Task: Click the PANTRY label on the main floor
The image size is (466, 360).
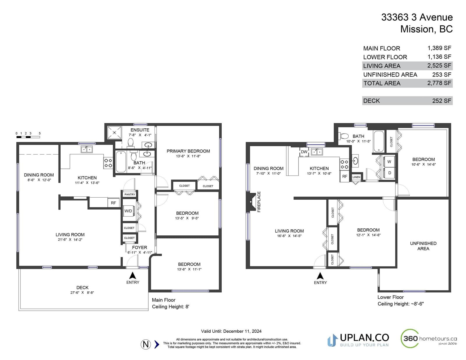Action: point(130,194)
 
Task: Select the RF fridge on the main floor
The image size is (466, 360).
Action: point(114,203)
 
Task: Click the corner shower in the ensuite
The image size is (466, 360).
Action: point(114,133)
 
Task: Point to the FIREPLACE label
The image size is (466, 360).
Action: point(259,202)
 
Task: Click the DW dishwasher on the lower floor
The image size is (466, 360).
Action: point(304,152)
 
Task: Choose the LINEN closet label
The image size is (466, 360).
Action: point(356,177)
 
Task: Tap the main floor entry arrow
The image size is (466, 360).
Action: point(133,276)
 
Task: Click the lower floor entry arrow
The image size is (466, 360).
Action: point(320,276)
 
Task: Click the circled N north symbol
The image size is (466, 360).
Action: point(146,344)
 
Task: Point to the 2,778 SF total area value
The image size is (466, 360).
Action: point(439,83)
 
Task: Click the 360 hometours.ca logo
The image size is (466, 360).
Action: point(429,338)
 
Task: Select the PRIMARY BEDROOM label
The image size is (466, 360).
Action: point(188,151)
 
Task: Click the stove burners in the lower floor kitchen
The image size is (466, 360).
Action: point(345,164)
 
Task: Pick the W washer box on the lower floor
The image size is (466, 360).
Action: point(389,162)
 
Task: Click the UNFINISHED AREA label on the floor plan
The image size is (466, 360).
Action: point(423,246)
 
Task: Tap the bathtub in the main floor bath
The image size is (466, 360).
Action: point(121,162)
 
